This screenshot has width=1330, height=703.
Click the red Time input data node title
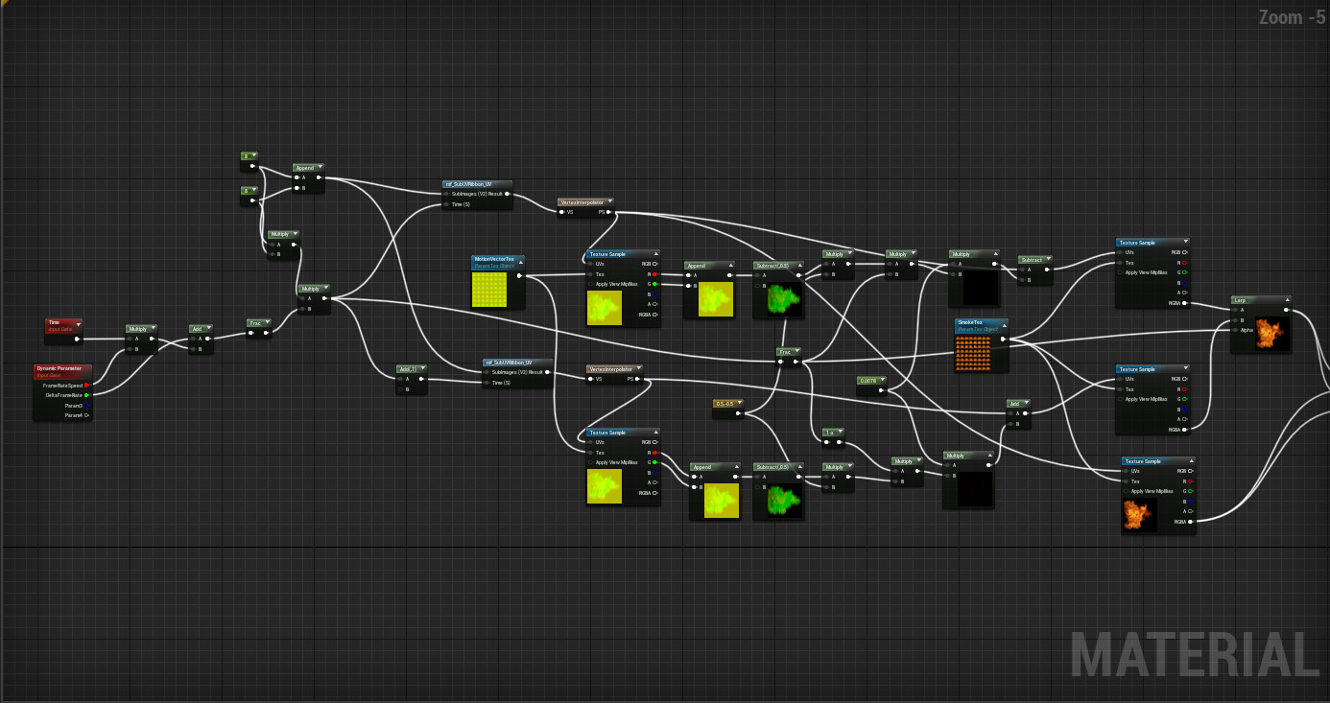55,323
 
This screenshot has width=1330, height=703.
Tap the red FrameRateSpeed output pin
86,385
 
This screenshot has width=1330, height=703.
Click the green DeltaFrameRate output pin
86,394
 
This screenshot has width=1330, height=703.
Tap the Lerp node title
1240,300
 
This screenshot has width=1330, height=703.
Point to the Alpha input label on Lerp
1247,330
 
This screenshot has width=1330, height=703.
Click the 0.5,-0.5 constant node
724,403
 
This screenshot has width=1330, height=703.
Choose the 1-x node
829,433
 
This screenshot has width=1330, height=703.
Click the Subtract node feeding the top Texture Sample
1032,260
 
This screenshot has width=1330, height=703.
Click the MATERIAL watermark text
1194,656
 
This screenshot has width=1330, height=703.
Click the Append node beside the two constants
304,168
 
